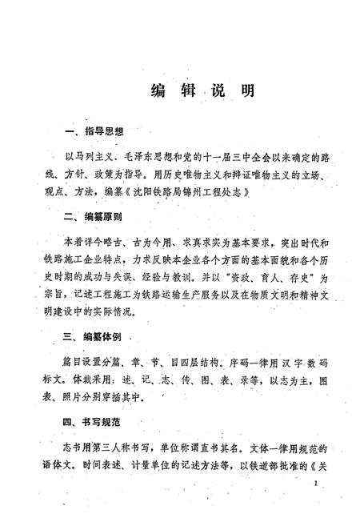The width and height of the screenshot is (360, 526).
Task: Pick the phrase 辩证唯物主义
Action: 263,175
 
